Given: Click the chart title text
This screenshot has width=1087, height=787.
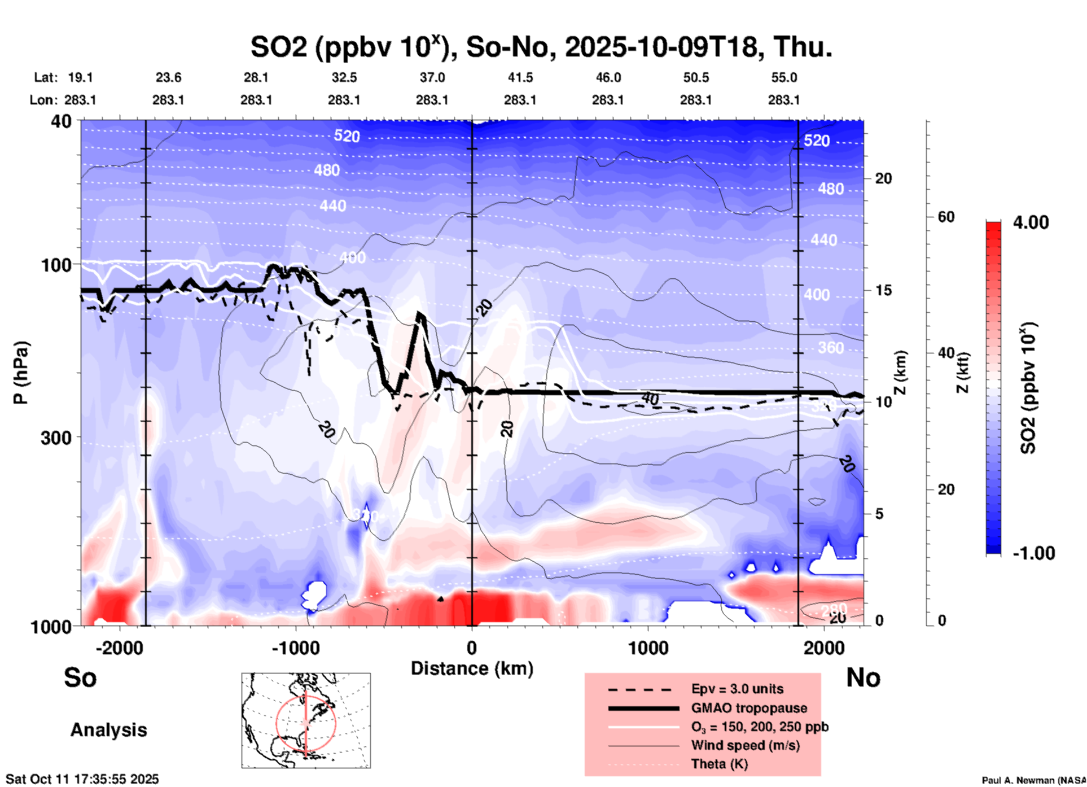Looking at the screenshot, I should tap(541, 47).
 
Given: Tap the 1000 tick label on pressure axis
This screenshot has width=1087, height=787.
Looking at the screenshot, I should tap(56, 626).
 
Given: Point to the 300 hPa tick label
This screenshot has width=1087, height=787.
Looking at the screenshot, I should tap(56, 438).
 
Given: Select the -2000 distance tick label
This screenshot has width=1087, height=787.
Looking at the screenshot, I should tap(119, 648).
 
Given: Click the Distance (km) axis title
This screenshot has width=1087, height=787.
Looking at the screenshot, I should tap(472, 668).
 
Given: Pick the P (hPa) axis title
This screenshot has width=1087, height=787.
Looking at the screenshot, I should tap(20, 373).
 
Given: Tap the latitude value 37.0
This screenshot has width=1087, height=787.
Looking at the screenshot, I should tap(432, 77).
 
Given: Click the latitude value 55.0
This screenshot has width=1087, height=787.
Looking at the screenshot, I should tap(783, 77).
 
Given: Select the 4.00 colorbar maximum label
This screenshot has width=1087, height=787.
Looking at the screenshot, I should tap(1031, 222).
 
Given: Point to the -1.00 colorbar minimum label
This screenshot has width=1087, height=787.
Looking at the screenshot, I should tap(1033, 553).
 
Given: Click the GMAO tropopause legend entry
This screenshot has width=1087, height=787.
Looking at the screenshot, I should tap(749, 708).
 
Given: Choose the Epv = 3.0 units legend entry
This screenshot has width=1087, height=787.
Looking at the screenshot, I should tap(737, 689).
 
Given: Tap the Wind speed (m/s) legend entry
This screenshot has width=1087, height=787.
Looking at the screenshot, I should tap(745, 745).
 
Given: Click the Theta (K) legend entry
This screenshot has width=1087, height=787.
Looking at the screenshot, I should tap(719, 764).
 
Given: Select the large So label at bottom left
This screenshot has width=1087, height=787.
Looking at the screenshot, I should tap(80, 677).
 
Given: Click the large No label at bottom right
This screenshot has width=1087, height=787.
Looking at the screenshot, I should tap(863, 677).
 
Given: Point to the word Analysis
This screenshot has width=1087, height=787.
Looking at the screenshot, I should tap(108, 730).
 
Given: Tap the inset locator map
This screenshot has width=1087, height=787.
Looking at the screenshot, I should tap(306, 720).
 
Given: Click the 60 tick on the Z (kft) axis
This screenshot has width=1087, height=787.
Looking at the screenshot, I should tap(946, 217).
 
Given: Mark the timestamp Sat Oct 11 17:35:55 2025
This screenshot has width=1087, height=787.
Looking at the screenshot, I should tap(82, 779).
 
